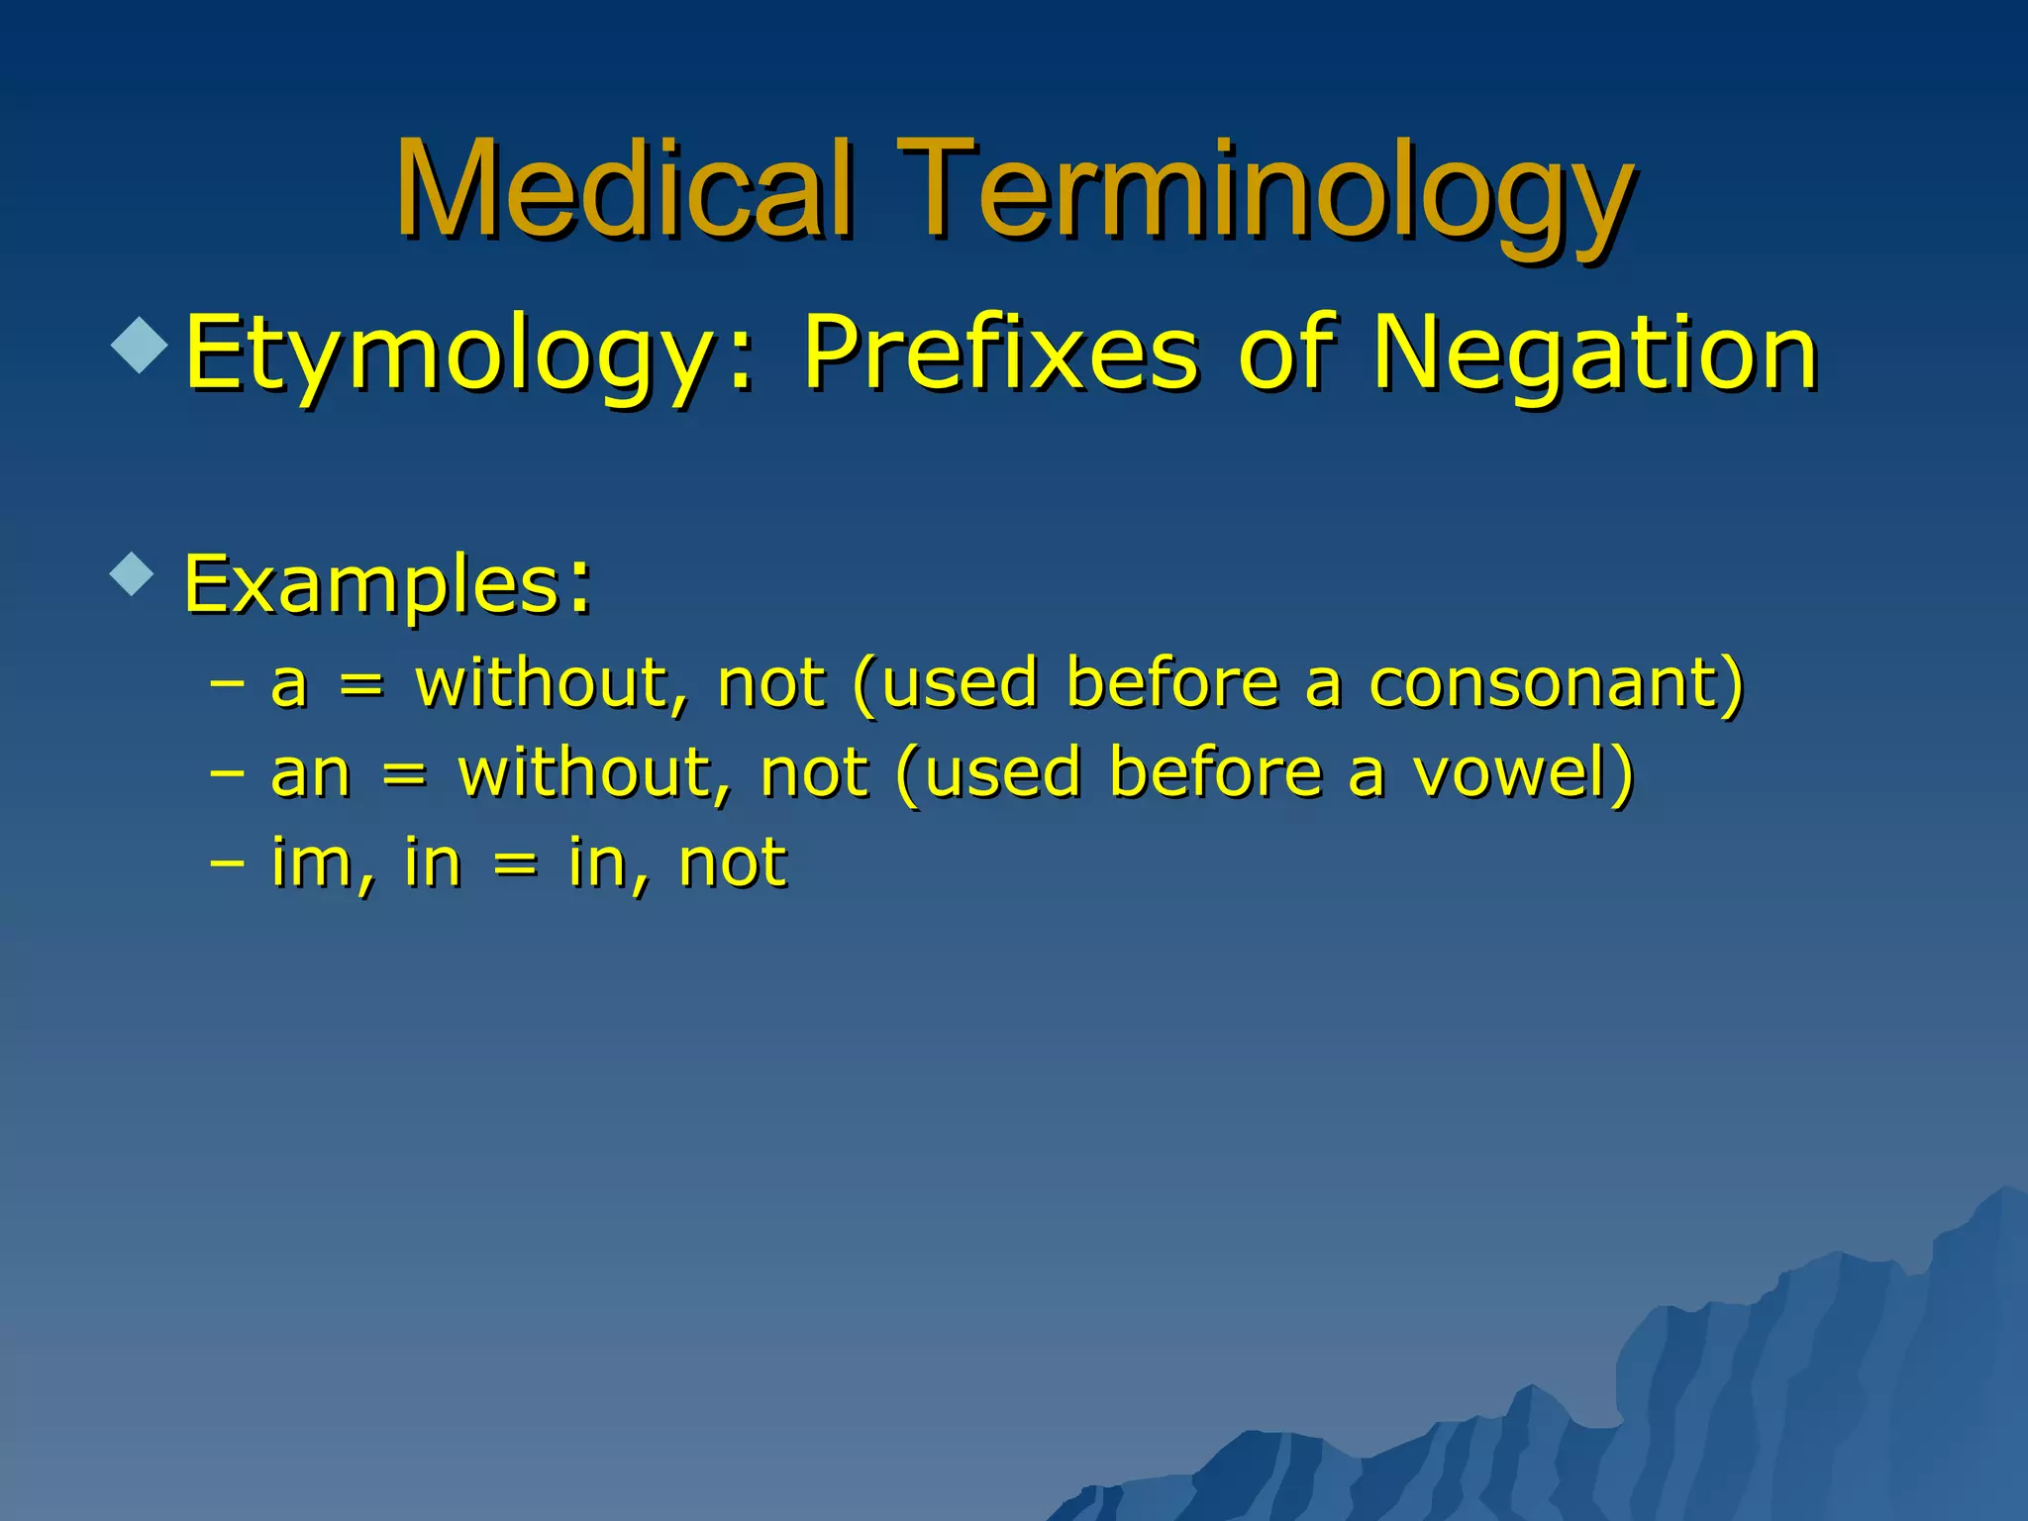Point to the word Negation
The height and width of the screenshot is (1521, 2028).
click(x=1594, y=355)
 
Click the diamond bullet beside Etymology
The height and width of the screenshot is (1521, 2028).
click(x=141, y=346)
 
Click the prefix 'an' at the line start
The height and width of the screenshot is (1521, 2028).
click(x=310, y=773)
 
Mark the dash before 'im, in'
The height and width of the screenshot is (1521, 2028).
click(x=228, y=862)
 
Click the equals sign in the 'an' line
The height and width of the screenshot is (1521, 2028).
click(x=404, y=775)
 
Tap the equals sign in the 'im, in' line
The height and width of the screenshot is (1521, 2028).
click(x=515, y=864)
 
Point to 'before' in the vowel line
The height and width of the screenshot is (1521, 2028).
click(x=1216, y=773)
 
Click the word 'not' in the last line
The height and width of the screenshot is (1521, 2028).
click(x=733, y=862)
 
